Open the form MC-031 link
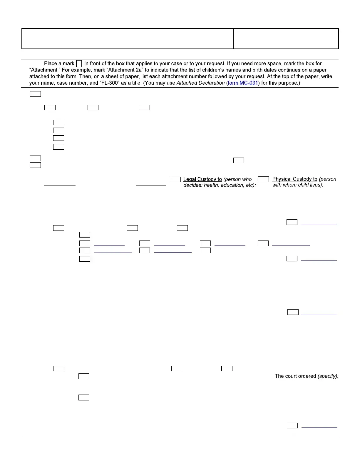click(243, 83)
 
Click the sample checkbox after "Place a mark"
click(79, 64)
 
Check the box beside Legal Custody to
click(175, 179)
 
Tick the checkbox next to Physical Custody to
click(263, 179)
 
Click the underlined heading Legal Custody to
click(202, 179)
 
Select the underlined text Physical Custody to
click(295, 179)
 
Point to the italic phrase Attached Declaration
click(200, 83)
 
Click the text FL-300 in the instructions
click(110, 83)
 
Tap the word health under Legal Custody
click(210, 185)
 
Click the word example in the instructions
click(82, 70)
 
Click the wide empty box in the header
click(127, 39)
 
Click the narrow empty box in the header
click(286, 39)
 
